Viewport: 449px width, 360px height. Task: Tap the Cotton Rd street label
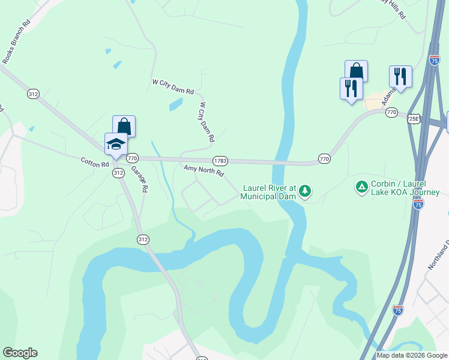click(x=95, y=161)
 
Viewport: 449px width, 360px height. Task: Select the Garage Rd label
click(x=140, y=179)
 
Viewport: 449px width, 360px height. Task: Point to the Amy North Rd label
click(x=203, y=172)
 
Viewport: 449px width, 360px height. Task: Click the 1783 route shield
click(x=220, y=161)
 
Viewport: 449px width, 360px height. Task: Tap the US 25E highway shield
click(x=414, y=119)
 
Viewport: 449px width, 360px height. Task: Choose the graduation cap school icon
click(x=116, y=144)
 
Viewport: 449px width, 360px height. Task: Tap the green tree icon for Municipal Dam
click(x=306, y=191)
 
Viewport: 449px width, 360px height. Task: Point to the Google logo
click(x=20, y=353)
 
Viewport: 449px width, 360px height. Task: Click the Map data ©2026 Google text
click(x=412, y=355)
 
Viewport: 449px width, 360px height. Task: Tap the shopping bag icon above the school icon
click(x=124, y=126)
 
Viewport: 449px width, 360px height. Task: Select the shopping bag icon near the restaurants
click(x=356, y=71)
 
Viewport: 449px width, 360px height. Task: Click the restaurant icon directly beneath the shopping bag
click(x=351, y=89)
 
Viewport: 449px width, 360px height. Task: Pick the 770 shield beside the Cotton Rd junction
click(x=132, y=158)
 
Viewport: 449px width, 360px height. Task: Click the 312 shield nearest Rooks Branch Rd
click(x=33, y=94)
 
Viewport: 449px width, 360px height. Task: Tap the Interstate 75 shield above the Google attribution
click(x=397, y=310)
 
